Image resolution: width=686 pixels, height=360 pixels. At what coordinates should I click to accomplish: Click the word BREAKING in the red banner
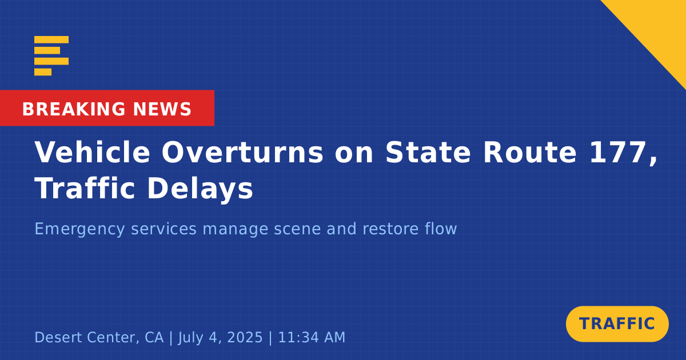[74, 109]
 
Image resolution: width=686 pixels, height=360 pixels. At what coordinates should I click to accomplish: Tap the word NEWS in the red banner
[162, 109]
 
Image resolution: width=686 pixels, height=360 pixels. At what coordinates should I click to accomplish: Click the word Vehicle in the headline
[92, 152]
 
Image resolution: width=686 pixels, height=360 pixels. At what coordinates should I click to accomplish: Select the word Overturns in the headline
[242, 152]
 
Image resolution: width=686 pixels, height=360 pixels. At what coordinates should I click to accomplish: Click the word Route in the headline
[530, 153]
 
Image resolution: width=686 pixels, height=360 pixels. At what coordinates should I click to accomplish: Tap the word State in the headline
[428, 153]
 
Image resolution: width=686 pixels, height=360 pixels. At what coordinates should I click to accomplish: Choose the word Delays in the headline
[200, 189]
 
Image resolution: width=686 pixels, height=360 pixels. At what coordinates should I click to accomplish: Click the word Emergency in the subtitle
[79, 229]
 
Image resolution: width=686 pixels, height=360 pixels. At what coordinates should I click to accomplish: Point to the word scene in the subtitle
[297, 229]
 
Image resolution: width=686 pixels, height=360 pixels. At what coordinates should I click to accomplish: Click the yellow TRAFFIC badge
[617, 324]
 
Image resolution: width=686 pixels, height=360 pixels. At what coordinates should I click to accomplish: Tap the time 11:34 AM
[312, 337]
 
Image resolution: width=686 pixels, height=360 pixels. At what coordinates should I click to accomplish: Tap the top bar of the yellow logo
[51, 39]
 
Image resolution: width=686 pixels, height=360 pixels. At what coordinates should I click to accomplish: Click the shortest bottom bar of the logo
[43, 72]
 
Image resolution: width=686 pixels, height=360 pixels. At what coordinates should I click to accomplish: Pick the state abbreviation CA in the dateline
[154, 337]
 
